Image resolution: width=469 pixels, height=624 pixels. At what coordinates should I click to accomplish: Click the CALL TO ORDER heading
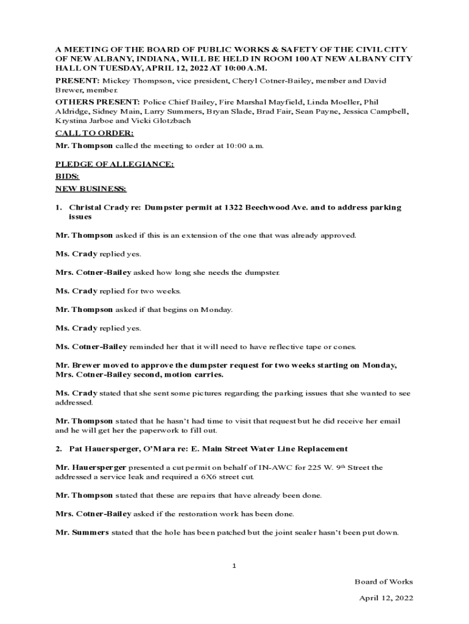tap(94, 133)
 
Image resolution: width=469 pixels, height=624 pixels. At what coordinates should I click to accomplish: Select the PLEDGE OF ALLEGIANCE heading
tap(115, 165)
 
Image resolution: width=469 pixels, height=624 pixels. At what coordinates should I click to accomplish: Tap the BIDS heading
tap(67, 177)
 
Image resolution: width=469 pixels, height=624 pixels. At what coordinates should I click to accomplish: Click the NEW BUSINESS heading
tap(91, 189)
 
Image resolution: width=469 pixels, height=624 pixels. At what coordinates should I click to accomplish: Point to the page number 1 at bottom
tap(234, 566)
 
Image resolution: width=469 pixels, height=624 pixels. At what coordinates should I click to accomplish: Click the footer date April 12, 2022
tap(386, 598)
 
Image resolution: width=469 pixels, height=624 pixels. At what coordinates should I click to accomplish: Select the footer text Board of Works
tap(384, 581)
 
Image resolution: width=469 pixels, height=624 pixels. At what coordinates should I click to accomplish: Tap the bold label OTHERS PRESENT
tap(97, 102)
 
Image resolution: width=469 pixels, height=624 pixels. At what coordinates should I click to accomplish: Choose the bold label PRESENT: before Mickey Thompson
tap(77, 80)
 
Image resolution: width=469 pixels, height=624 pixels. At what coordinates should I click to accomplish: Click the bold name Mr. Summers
tap(82, 532)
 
